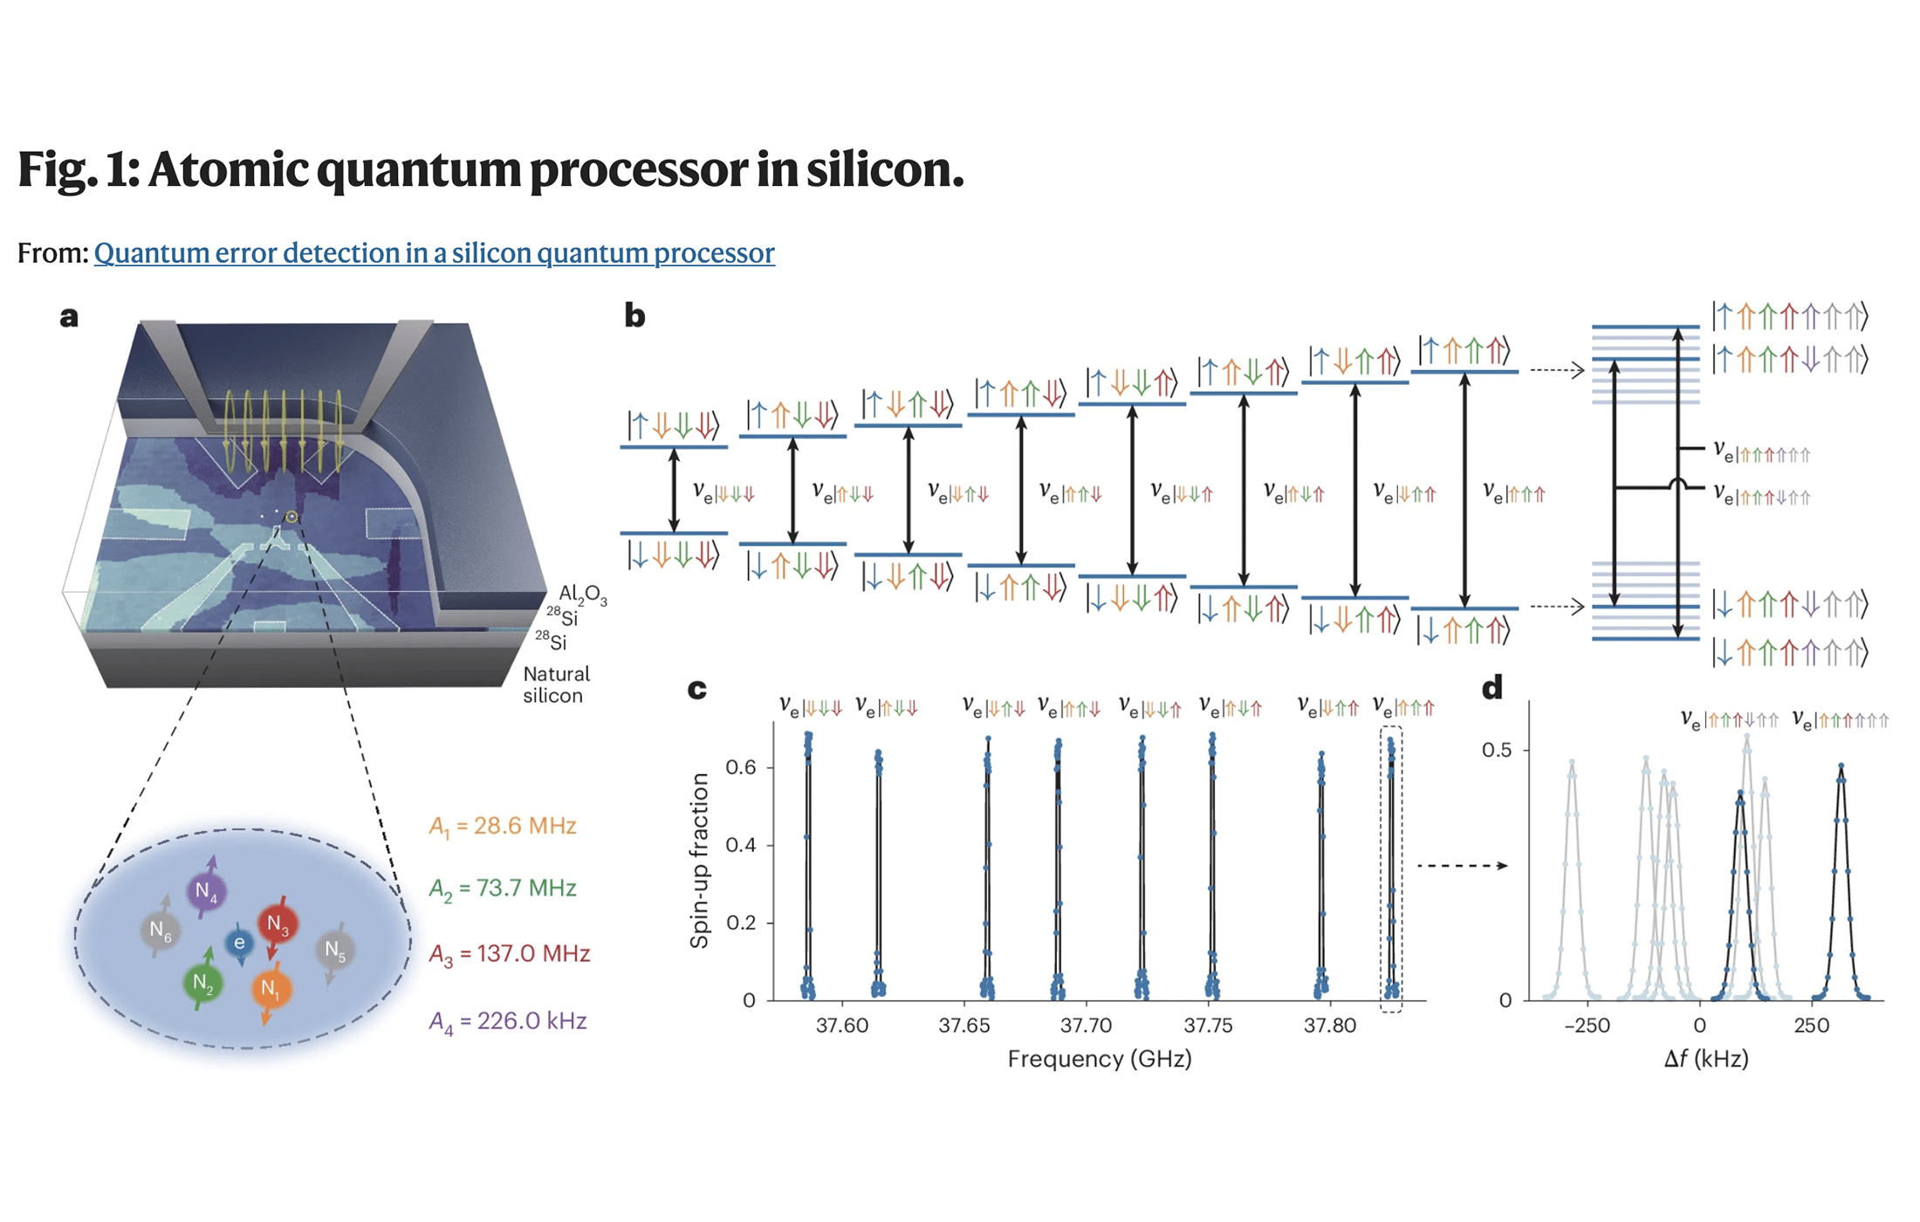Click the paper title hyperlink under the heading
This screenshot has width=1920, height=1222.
click(434, 253)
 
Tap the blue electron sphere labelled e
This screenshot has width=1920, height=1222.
click(239, 943)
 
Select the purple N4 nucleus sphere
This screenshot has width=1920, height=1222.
click(206, 891)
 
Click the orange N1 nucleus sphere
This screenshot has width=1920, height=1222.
click(271, 988)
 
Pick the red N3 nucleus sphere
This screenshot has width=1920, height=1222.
click(278, 923)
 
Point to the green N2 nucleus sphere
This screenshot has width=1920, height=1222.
click(202, 983)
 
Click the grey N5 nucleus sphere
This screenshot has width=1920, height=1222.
click(335, 950)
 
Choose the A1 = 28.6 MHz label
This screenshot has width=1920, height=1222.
click(503, 826)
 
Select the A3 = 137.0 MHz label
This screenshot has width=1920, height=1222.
click(510, 953)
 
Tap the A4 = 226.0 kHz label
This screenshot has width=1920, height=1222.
click(508, 1021)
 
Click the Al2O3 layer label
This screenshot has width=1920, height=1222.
click(582, 594)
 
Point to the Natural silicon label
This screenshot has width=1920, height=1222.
click(556, 685)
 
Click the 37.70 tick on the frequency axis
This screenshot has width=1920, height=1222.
click(1086, 1026)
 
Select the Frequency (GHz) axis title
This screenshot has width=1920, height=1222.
click(1100, 1059)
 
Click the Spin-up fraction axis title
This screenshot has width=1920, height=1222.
click(699, 861)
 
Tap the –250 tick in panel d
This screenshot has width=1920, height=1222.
click(1587, 1026)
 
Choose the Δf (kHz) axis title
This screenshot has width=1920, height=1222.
click(1705, 1059)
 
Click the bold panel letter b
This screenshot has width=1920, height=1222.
click(634, 316)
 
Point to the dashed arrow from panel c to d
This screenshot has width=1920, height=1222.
click(1462, 865)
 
